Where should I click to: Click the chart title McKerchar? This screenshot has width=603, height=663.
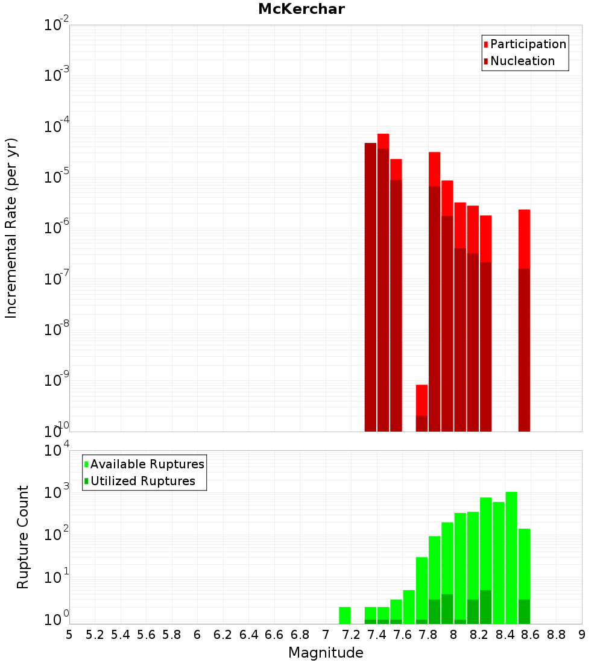tap(301, 9)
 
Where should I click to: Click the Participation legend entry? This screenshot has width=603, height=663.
tap(528, 44)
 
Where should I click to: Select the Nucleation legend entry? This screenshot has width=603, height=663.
tap(522, 61)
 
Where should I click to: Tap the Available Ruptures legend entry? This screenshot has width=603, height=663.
tap(147, 464)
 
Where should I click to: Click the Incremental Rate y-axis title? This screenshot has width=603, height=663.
tap(11, 228)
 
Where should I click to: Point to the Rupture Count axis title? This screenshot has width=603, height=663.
tap(23, 537)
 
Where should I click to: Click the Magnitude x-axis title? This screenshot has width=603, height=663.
tap(326, 653)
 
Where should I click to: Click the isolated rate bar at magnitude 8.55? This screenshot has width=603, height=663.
tap(524, 319)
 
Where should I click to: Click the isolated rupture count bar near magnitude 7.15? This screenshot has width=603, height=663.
tap(344, 615)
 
